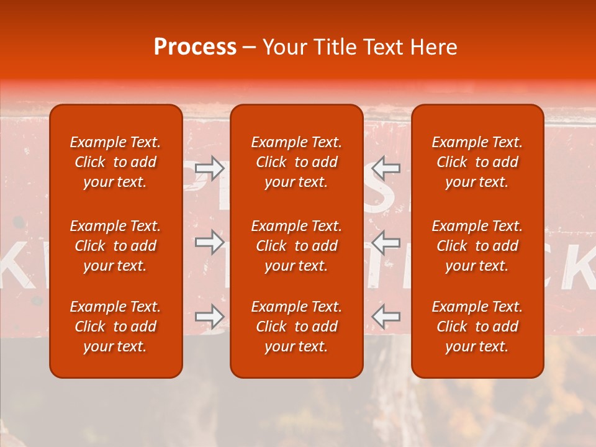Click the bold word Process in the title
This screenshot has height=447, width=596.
click(195, 47)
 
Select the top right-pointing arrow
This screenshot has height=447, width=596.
click(210, 168)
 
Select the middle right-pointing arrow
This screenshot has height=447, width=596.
click(210, 242)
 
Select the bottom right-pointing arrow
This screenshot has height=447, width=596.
click(210, 317)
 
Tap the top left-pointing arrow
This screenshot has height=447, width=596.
click(386, 168)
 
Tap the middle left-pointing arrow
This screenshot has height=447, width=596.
click(386, 242)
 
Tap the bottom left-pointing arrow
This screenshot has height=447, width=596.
click(386, 317)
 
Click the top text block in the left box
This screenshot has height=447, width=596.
click(115, 162)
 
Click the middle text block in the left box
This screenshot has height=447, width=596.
click(115, 246)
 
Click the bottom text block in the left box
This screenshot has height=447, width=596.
click(115, 327)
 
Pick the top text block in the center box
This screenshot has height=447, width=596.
click(296, 162)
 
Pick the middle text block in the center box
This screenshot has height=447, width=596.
click(296, 246)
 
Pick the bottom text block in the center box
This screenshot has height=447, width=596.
click(296, 327)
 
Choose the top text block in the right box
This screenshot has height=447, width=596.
click(477, 162)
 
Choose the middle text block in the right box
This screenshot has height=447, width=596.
click(477, 246)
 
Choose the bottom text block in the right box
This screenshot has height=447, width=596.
click(477, 327)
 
